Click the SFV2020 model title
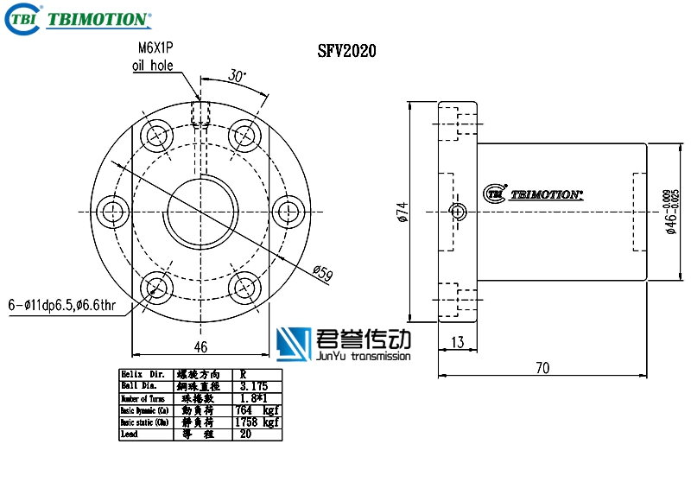click(346, 52)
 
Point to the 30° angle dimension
click(238, 76)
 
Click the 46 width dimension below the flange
click(200, 347)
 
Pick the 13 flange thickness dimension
click(457, 343)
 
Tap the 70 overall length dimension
click(542, 368)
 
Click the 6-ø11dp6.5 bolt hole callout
click(61, 305)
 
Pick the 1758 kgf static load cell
click(257, 422)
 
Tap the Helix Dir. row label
click(143, 374)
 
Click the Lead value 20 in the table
click(247, 434)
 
